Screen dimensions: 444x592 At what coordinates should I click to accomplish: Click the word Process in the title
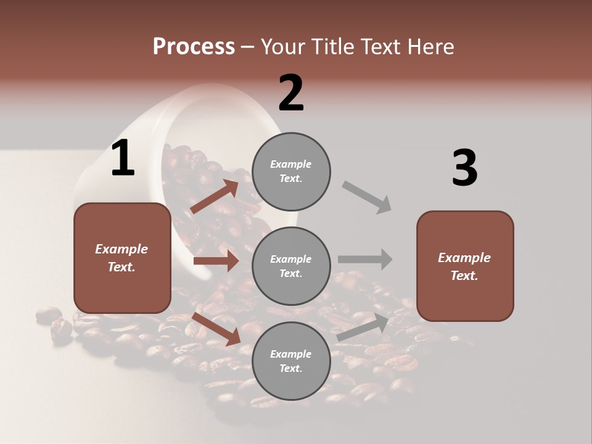pyautogui.click(x=194, y=47)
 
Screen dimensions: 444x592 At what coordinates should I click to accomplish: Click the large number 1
pyautogui.click(x=123, y=158)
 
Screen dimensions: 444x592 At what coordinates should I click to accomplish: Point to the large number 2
pyautogui.click(x=291, y=93)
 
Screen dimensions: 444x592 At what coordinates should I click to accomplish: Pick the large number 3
pyautogui.click(x=464, y=168)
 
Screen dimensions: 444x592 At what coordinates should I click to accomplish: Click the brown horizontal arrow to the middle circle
pyautogui.click(x=216, y=261)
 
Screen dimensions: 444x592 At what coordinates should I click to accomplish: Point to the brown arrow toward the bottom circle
pyautogui.click(x=216, y=328)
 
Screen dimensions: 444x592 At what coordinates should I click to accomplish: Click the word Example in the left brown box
pyautogui.click(x=121, y=249)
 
